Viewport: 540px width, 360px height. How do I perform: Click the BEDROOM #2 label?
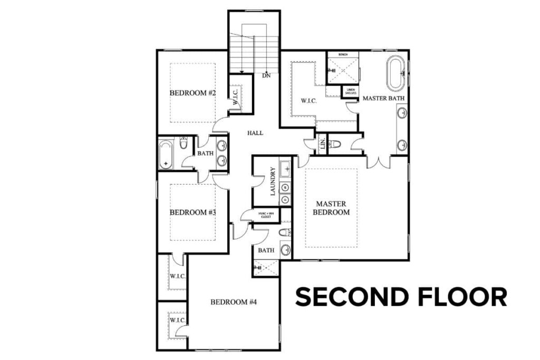(x=193, y=93)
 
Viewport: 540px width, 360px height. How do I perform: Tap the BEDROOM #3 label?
(x=193, y=212)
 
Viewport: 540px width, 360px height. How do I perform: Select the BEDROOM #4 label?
(x=234, y=302)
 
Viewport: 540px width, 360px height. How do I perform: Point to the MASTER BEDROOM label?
(x=331, y=208)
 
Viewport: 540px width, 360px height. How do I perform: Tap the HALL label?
(x=255, y=133)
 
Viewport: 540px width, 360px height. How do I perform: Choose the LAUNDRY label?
(x=273, y=181)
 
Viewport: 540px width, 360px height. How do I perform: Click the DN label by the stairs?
(x=267, y=76)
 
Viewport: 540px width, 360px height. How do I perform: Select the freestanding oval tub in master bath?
(x=396, y=74)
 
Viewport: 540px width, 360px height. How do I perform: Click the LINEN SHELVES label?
(x=351, y=92)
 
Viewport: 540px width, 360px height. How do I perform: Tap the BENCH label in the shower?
(x=343, y=54)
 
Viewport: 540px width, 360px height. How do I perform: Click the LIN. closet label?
(x=322, y=144)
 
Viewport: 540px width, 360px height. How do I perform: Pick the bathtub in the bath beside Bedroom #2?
(x=166, y=153)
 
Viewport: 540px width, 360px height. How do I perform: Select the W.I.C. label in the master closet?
(x=308, y=101)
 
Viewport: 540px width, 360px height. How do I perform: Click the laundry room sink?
(x=285, y=170)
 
